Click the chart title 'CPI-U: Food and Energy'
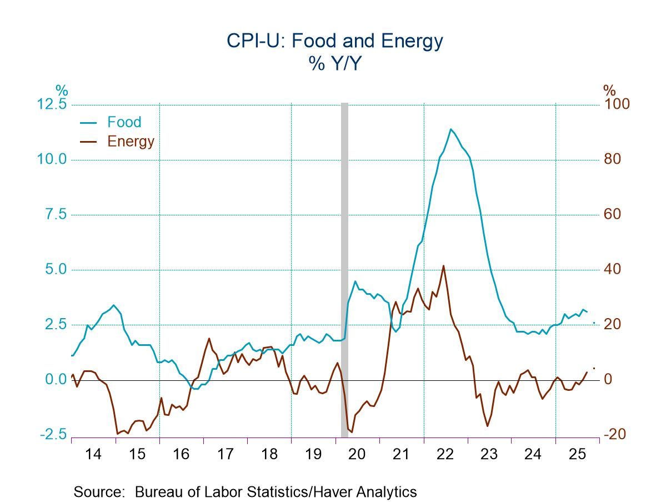335,41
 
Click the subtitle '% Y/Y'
335,64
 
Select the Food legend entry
124,122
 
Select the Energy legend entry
131,141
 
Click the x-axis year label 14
94,455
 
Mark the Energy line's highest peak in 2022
443,266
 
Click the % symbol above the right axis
609,90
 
